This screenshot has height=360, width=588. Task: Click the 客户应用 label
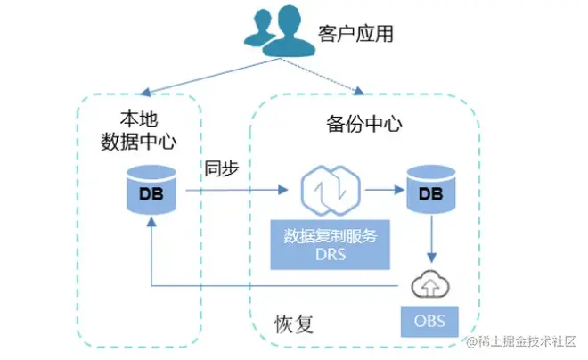click(355, 35)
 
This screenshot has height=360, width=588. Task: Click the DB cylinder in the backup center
click(430, 190)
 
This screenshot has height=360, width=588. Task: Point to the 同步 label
click(223, 168)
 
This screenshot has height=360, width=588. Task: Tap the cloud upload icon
click(430, 286)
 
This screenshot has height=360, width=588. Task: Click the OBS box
click(430, 318)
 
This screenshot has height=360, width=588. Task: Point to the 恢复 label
click(294, 322)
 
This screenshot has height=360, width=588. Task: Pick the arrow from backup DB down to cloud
click(430, 240)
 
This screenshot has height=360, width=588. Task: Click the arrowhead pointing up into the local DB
click(152, 226)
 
